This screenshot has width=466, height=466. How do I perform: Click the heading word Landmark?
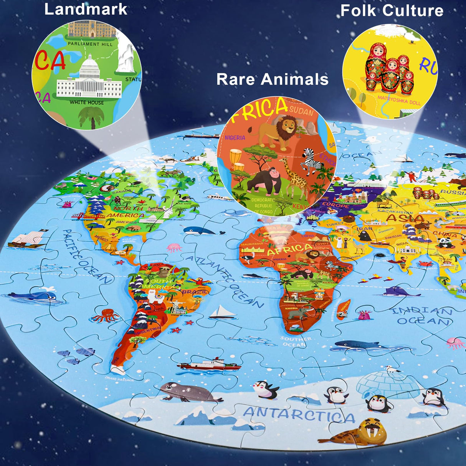click(x=86, y=9)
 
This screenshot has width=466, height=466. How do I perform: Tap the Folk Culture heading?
click(x=392, y=10)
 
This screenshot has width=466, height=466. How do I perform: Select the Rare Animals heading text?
click(x=272, y=79)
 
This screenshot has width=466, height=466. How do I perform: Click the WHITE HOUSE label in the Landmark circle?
click(x=87, y=102)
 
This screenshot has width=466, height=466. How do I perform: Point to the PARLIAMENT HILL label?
click(x=90, y=44)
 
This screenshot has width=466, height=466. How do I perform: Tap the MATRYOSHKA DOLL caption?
click(x=399, y=100)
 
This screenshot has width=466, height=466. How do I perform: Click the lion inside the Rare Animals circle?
click(x=279, y=131)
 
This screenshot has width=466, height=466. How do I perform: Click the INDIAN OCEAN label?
click(x=422, y=316)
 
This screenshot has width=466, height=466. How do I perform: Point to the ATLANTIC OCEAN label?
click(x=226, y=282)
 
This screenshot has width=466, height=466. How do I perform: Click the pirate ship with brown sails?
click(x=27, y=239)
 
